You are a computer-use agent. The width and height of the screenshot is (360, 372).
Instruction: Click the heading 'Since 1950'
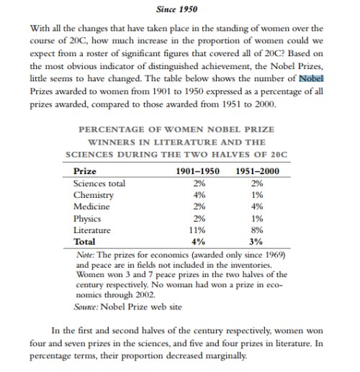point(176,10)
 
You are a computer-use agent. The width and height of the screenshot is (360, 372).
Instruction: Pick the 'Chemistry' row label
point(94,195)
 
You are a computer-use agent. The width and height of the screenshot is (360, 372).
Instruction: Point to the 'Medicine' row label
point(92,207)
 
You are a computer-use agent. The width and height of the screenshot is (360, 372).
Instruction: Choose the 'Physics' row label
point(89,218)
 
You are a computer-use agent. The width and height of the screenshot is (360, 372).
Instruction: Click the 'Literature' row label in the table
point(94,230)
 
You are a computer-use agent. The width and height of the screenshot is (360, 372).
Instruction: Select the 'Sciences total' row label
point(99,183)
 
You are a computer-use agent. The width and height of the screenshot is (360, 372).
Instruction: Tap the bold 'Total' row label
point(86,241)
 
